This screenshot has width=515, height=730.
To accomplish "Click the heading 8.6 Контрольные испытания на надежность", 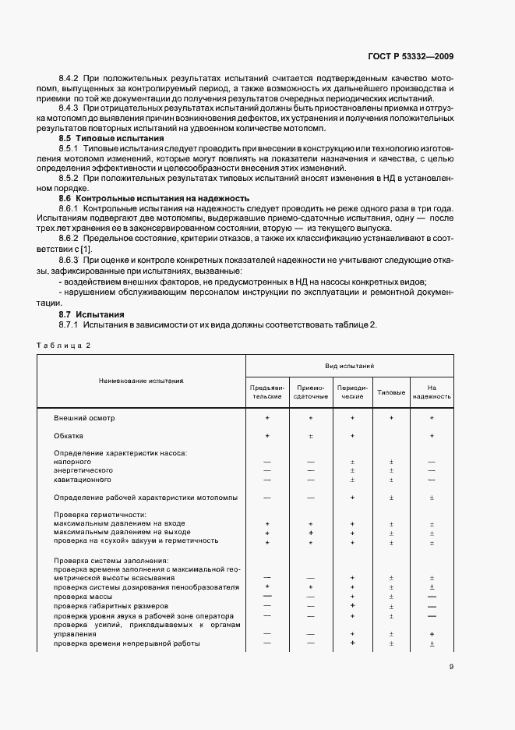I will tap(143, 199).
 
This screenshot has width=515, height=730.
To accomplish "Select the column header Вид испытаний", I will tap(350, 365).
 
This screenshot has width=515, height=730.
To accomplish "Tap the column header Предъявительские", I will tap(267, 392).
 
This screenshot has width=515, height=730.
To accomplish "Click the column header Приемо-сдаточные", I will tap(310, 392).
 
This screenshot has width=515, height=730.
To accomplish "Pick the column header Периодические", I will tap(352, 392).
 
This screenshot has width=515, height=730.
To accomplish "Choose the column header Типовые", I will tap(391, 392).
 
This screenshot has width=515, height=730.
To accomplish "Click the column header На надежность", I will tap(432, 392).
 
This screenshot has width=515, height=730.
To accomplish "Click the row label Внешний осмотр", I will tap(84, 418).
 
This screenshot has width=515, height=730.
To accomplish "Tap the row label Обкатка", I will tap(69, 436).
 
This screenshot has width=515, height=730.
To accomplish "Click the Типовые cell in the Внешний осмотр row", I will tap(391, 418).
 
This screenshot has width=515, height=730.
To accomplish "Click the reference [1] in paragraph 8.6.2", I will tap(97, 248).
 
